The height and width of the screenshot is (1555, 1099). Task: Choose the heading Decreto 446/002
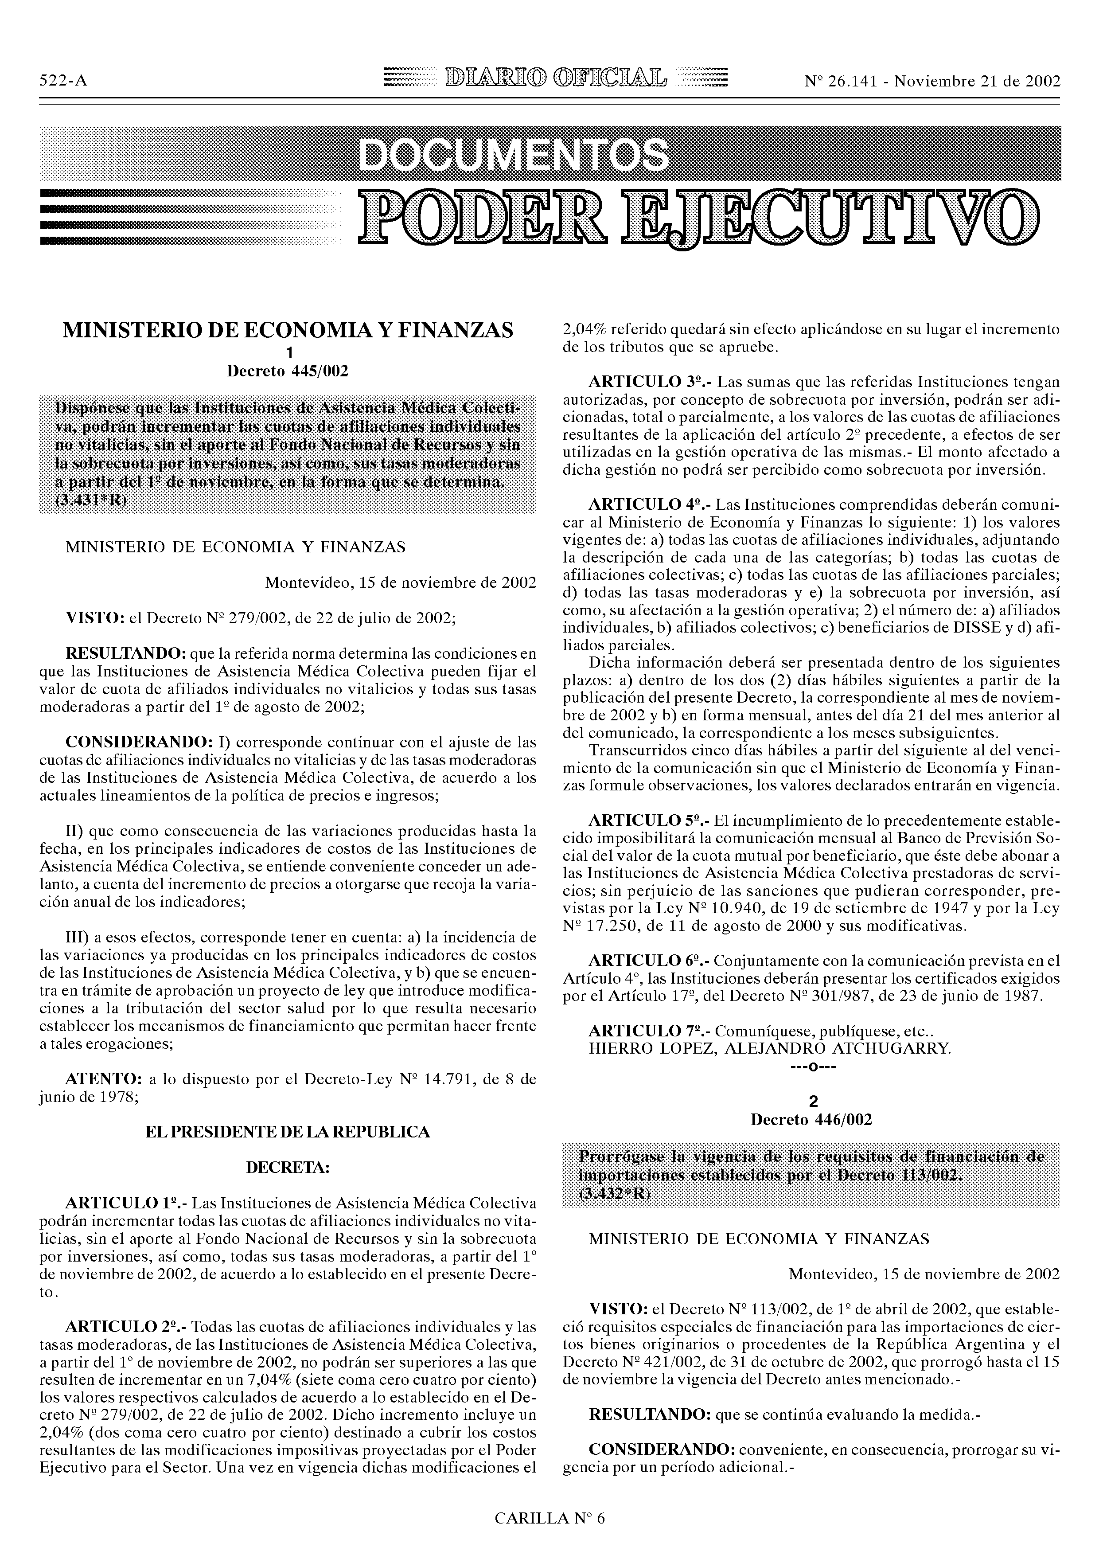click(811, 1120)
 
